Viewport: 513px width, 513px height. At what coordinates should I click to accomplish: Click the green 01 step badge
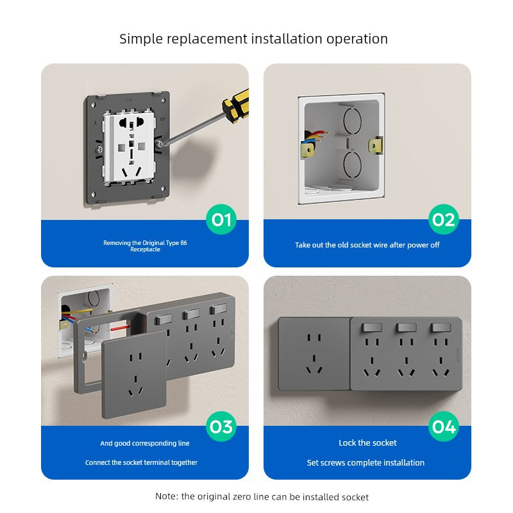click(x=221, y=219)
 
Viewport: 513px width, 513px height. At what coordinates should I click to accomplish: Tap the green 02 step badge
click(x=444, y=219)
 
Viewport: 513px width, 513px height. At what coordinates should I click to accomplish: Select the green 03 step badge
click(x=221, y=426)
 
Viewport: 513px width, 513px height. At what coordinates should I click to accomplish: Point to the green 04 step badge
click(x=444, y=426)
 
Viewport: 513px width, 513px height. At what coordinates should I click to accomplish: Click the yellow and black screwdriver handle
click(x=236, y=106)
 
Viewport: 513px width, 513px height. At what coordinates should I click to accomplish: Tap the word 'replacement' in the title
click(x=207, y=39)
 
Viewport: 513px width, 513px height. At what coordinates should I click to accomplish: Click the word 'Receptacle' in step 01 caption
click(x=146, y=249)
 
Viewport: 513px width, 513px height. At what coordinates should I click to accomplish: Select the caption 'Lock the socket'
click(x=367, y=442)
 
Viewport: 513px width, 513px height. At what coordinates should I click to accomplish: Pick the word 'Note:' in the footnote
click(x=167, y=496)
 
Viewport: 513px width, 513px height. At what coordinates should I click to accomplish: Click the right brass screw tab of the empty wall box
click(x=376, y=146)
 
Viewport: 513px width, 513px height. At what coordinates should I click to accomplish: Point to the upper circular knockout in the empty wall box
click(x=352, y=120)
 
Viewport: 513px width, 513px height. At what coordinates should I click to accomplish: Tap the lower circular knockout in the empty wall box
click(x=352, y=165)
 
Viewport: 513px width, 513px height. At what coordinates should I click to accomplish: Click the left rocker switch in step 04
click(x=372, y=328)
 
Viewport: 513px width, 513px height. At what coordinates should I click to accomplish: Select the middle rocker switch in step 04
click(x=406, y=328)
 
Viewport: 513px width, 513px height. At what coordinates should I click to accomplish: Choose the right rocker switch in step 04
click(x=441, y=328)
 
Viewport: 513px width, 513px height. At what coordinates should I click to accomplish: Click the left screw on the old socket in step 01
click(x=99, y=149)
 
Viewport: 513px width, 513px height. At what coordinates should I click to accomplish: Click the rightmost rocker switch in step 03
click(x=218, y=308)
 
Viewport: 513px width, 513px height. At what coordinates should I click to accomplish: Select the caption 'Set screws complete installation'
click(x=366, y=462)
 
